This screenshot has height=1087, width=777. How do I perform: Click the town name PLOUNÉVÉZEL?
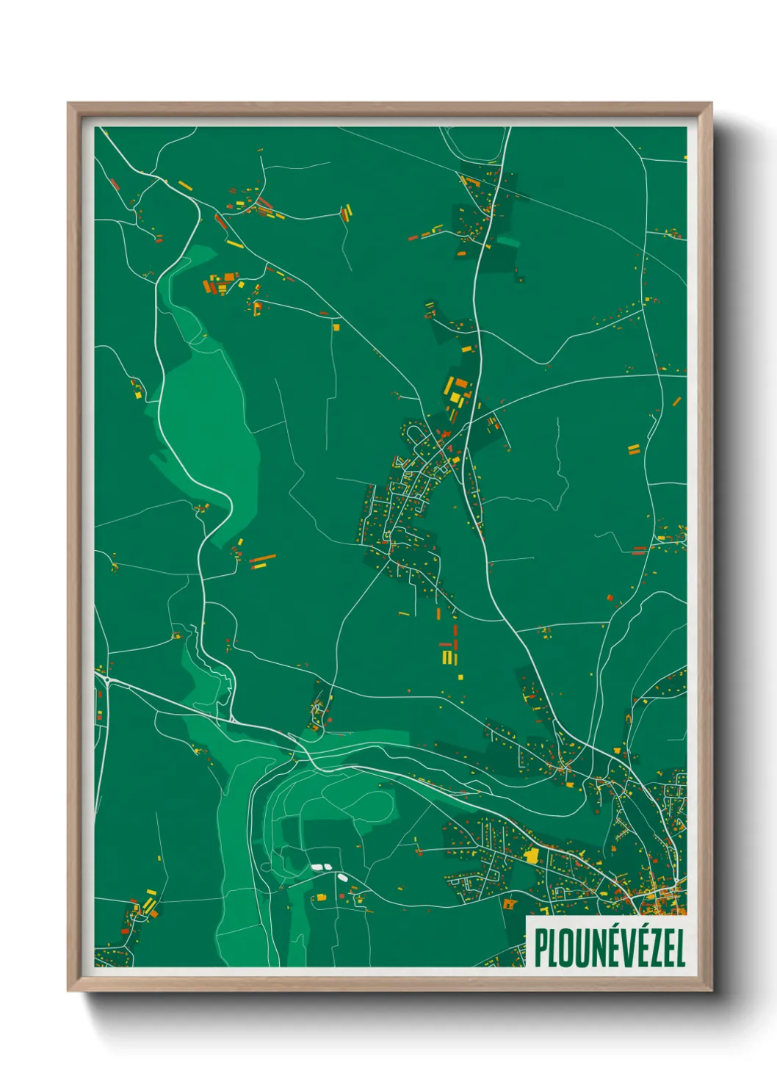point(610,947)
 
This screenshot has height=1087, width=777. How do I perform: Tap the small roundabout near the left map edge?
point(108,681)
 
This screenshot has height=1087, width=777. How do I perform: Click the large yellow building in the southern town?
point(532,853)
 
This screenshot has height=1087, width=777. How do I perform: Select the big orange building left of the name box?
point(509,904)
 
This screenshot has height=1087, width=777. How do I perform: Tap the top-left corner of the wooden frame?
point(70,105)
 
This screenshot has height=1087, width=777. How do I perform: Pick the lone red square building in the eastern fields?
point(610,598)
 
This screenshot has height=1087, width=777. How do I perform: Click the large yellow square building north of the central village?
point(455,397)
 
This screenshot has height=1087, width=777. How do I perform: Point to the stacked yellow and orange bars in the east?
point(634,448)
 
